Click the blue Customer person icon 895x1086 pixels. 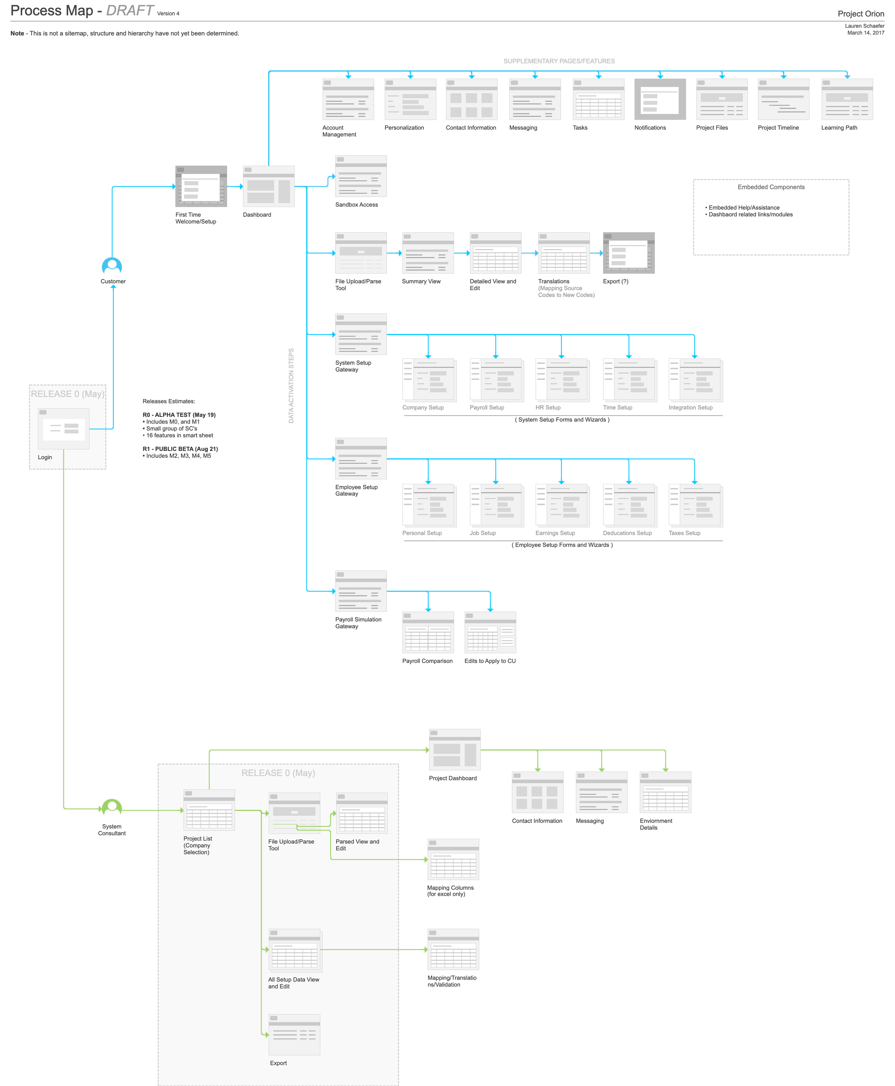[x=112, y=266]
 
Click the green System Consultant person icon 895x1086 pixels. [x=112, y=807]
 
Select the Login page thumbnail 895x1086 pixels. [x=63, y=428]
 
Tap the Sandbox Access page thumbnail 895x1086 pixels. [x=361, y=176]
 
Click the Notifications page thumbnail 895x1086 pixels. [x=660, y=99]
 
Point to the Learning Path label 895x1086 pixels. [x=839, y=128]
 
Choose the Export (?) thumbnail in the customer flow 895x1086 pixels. [x=628, y=253]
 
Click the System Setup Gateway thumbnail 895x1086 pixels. [x=361, y=334]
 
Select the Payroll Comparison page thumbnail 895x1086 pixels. [x=428, y=632]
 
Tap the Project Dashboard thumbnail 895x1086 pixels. [x=455, y=750]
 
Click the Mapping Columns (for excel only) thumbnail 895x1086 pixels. [x=453, y=859]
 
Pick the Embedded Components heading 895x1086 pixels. [x=771, y=187]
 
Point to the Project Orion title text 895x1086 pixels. [x=861, y=14]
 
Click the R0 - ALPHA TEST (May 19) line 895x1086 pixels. [x=179, y=415]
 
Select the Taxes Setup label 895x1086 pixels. [x=684, y=533]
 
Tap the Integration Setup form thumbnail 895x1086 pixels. [x=696, y=380]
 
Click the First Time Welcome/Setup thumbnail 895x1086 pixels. [x=201, y=186]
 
